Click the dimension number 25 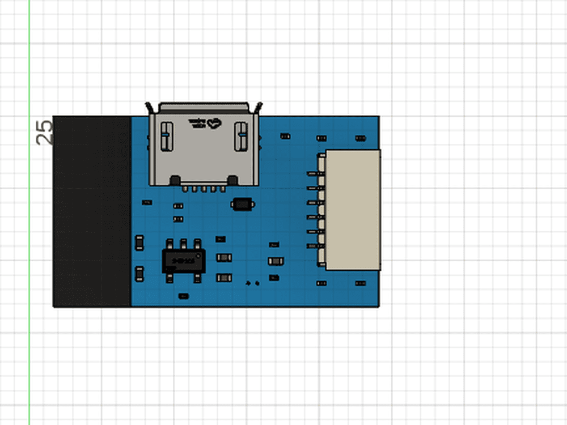point(45,132)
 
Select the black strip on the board point(92,211)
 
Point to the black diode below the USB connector point(243,203)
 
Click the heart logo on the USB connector point(213,122)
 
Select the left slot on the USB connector point(166,136)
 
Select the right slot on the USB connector point(242,136)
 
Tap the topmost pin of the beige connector point(312,173)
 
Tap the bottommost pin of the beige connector point(312,246)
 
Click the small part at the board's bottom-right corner point(361,283)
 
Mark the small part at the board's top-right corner point(361,138)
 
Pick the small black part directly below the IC point(183,296)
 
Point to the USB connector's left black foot point(175,181)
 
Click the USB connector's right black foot point(232,181)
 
